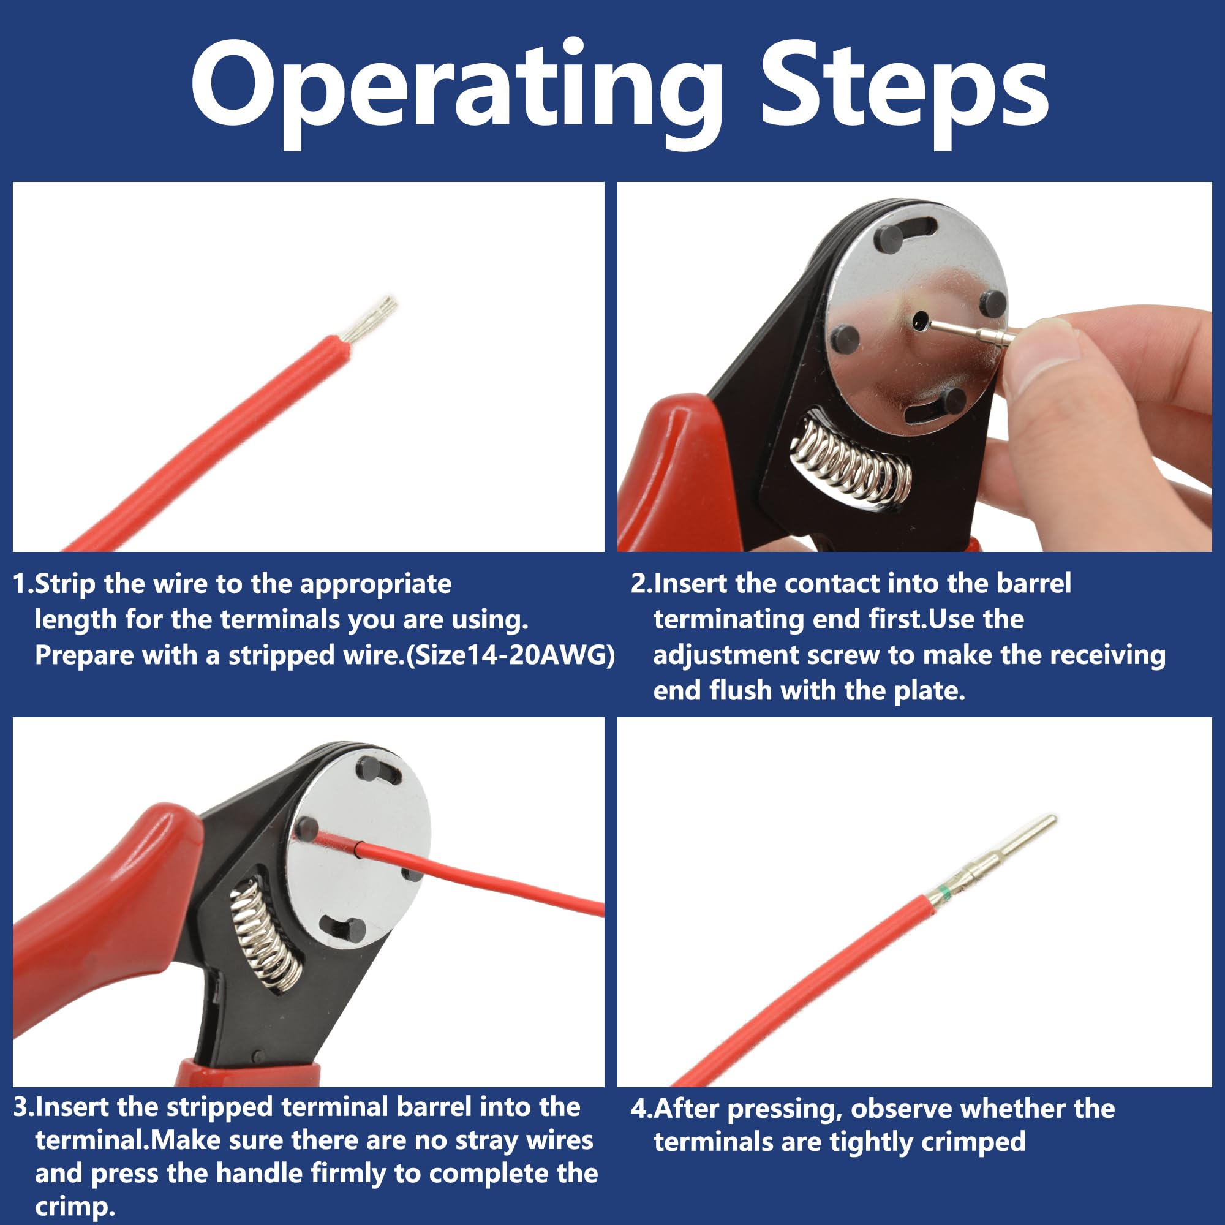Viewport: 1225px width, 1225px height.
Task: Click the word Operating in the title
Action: coord(456,94)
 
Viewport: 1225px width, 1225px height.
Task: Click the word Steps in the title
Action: coord(904,94)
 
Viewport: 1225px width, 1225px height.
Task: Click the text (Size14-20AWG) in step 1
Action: coord(510,655)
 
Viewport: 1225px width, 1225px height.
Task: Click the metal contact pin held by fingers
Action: coord(970,332)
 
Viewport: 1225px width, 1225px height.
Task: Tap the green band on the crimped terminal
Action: coord(944,895)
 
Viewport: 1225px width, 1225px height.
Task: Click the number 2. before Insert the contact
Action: coord(641,584)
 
